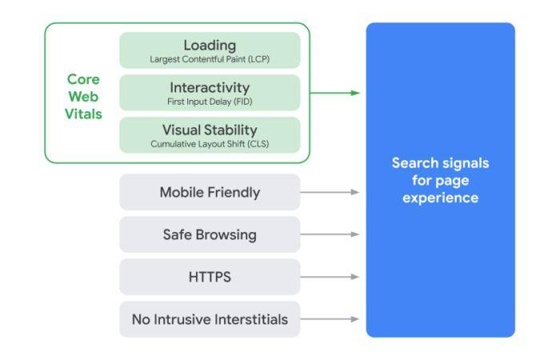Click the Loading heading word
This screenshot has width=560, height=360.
(210, 45)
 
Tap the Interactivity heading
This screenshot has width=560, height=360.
(210, 87)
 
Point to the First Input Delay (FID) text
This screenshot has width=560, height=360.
(210, 102)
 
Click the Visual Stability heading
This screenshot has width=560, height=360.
(210, 130)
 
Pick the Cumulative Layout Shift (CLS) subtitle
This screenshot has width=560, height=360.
(210, 144)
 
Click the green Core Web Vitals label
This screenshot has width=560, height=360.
(83, 97)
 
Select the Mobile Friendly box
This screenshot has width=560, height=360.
(210, 192)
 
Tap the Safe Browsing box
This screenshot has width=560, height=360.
(210, 234)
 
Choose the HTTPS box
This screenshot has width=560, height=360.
(210, 277)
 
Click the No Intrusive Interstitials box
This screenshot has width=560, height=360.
(210, 319)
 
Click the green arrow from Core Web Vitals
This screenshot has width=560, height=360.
(334, 93)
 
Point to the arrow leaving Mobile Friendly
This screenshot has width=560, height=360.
(330, 192)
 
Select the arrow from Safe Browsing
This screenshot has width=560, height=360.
(330, 234)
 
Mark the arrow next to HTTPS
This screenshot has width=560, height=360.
(330, 277)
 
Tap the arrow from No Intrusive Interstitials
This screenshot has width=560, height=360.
(330, 319)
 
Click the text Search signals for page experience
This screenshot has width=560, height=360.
(440, 180)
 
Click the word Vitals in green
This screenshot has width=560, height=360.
(83, 114)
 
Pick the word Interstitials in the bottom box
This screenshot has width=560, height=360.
(250, 319)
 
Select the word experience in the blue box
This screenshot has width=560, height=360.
(440, 198)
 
